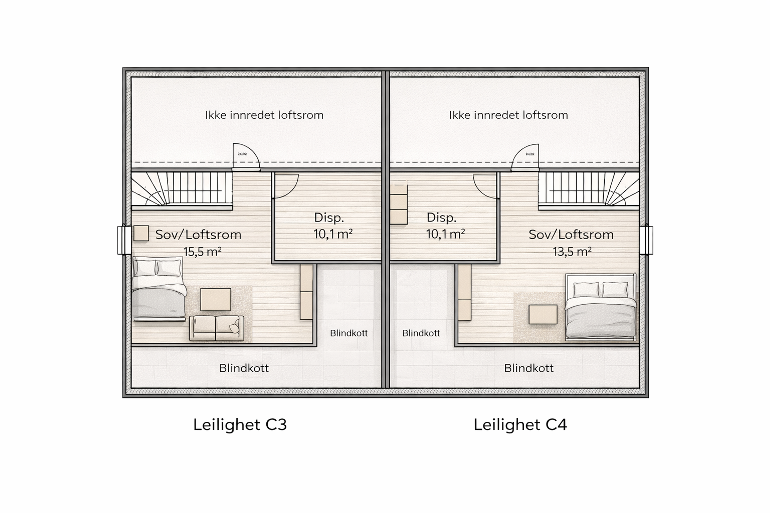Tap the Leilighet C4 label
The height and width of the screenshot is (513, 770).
click(x=520, y=425)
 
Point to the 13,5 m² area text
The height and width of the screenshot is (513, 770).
click(x=572, y=252)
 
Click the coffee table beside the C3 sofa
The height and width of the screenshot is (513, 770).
click(x=215, y=299)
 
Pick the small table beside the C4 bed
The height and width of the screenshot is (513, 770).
click(x=543, y=314)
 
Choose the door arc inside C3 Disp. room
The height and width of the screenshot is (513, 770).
click(x=286, y=186)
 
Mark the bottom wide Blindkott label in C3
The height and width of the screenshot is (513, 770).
click(x=244, y=368)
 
